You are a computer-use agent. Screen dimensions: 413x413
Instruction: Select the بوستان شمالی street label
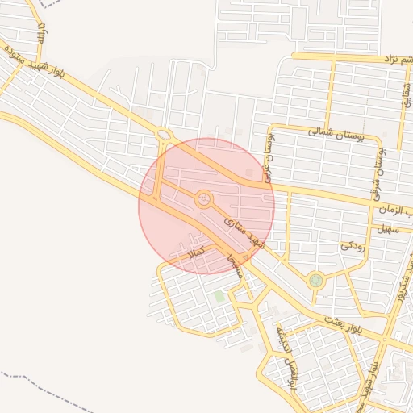pyautogui.click(x=336, y=134)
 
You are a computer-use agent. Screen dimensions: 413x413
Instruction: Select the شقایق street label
pyautogui.click(x=407, y=92)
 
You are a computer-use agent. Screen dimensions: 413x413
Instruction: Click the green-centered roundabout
pyautogui.click(x=315, y=281)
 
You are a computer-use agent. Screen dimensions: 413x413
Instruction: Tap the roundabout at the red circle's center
pyautogui.click(x=204, y=198)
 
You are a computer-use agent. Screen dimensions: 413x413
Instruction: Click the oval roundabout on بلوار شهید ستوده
pyautogui.click(x=164, y=134)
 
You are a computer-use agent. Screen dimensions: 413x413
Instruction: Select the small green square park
pyautogui.click(x=219, y=297)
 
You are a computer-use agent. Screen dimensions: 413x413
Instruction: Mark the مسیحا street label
pyautogui.click(x=234, y=266)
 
